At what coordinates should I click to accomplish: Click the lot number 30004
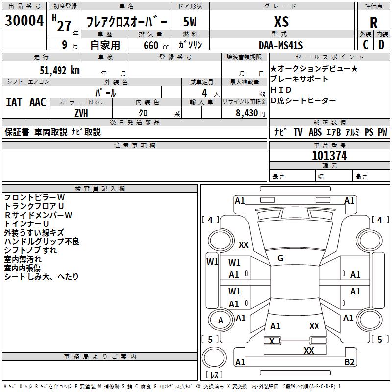24,21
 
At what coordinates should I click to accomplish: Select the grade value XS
281,22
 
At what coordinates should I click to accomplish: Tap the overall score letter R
373,23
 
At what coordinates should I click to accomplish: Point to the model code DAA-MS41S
281,45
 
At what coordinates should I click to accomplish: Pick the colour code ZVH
81,112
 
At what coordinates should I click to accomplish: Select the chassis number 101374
329,156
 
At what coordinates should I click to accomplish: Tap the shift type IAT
14,102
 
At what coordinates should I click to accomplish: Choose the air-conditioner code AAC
38,102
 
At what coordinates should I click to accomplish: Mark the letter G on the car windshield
280,258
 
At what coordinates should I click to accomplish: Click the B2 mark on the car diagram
349,362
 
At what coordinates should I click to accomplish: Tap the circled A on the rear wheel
220,320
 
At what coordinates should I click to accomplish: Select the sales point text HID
281,90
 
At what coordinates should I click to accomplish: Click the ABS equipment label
315,132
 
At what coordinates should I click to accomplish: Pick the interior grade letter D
381,45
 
